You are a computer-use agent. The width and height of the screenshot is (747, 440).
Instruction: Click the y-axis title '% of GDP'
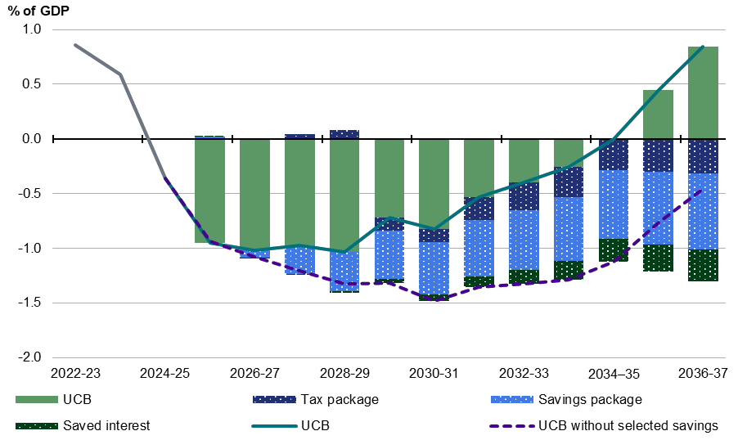(x=38, y=11)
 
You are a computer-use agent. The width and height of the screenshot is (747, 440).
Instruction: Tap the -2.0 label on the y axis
(x=29, y=357)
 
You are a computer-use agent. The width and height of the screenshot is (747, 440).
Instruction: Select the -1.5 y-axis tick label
(x=29, y=303)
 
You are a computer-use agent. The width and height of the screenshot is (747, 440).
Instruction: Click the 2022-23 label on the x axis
(x=76, y=373)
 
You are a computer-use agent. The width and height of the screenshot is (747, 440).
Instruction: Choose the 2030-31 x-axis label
(x=434, y=373)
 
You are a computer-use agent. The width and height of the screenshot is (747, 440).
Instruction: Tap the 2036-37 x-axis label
(x=703, y=373)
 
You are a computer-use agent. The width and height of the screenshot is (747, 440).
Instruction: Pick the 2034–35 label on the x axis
(x=614, y=374)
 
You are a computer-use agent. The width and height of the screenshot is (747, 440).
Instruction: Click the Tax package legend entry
(x=317, y=400)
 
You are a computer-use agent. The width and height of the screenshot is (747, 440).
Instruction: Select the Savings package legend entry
(x=566, y=400)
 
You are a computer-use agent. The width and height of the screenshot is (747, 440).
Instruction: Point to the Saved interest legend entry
(x=83, y=425)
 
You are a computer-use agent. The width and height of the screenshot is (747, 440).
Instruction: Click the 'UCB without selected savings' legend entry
(x=604, y=425)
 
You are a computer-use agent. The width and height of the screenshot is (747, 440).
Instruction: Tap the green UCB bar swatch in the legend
(x=36, y=400)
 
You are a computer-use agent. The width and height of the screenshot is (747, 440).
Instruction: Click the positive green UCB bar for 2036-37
(x=703, y=93)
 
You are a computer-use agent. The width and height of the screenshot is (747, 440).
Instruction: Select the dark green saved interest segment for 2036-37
(x=703, y=265)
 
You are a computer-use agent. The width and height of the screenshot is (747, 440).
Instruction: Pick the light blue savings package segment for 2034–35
(x=614, y=204)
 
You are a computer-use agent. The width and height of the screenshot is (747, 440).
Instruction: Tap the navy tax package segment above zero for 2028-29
(x=344, y=134)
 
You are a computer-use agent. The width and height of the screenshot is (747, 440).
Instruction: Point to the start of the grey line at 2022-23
(x=75, y=45)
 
